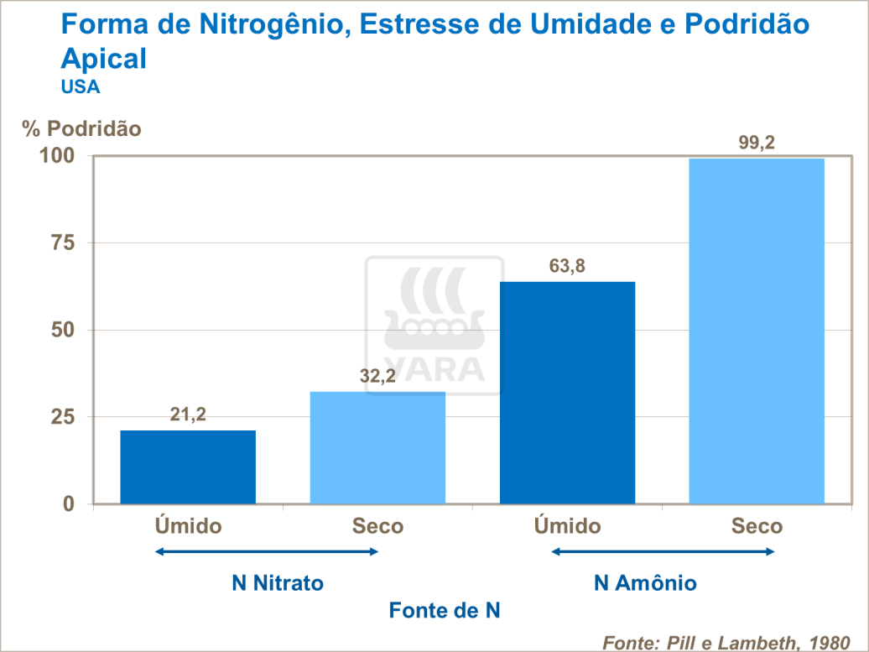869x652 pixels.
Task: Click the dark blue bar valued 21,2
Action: coord(188,467)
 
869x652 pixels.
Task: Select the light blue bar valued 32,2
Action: coord(377,447)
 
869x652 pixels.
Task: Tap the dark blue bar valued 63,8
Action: coord(567,392)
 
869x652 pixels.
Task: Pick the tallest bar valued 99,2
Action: coord(757,331)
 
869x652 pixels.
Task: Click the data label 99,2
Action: coord(757,143)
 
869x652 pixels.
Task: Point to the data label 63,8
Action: coord(567,267)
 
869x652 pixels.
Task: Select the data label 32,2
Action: coord(377,377)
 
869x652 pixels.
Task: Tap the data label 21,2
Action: coord(188,415)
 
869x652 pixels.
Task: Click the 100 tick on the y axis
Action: coord(59,156)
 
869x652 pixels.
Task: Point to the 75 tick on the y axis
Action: coord(64,243)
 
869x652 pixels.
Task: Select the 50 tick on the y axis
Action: coord(64,330)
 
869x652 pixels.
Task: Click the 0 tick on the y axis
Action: coord(70,503)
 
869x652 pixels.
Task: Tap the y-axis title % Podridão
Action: coord(82,129)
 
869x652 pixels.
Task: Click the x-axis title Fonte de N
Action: coord(445,611)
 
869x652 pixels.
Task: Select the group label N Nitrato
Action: coord(278,582)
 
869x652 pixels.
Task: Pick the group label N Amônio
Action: coord(645,582)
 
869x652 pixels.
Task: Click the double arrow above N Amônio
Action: coord(663,551)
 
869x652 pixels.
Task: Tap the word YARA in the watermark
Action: coord(434,368)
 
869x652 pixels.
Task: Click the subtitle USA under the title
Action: coord(81,86)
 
